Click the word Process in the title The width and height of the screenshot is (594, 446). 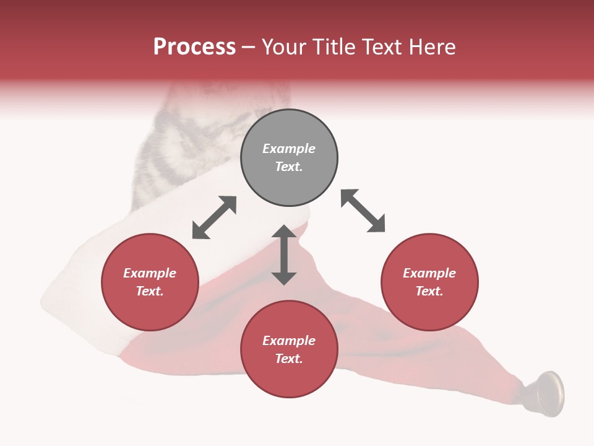[194, 47]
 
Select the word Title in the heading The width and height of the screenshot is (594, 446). [335, 47]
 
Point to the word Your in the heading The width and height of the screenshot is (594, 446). [285, 47]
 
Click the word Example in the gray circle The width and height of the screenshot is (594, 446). [289, 149]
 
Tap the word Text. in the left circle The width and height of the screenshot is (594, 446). [150, 291]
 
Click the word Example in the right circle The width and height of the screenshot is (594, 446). [429, 273]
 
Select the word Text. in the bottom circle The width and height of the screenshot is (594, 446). [289, 359]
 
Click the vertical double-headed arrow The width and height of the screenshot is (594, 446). [284, 255]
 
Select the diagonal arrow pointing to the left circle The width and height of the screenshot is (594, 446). [214, 217]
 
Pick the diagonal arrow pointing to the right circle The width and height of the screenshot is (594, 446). [363, 211]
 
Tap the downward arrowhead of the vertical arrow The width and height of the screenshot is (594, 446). [284, 277]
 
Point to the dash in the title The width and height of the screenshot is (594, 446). [248, 48]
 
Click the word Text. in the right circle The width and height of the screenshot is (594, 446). [429, 291]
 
